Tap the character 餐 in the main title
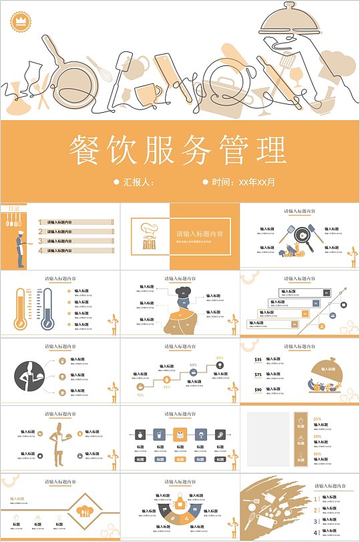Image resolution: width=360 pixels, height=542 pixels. pyautogui.click(x=88, y=152)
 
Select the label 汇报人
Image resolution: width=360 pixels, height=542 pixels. pyautogui.click(x=138, y=182)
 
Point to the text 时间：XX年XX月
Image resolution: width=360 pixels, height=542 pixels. pyautogui.click(x=243, y=182)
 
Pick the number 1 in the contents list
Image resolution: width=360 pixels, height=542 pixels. pyautogui.click(x=41, y=222)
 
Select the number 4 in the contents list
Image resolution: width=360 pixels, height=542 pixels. pyautogui.click(x=41, y=251)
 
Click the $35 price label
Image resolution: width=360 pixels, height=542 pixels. pyautogui.click(x=258, y=360)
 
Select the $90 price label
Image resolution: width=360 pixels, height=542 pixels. pyautogui.click(x=258, y=390)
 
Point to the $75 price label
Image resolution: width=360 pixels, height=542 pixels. pyautogui.click(x=258, y=374)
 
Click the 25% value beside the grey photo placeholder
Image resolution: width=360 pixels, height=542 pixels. pyautogui.click(x=317, y=419)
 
